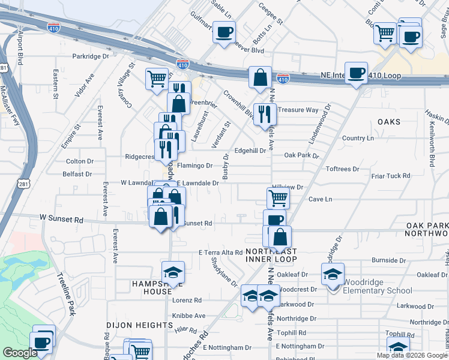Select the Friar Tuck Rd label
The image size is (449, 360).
[x=390, y=176]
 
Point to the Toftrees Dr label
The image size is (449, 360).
[x=342, y=169]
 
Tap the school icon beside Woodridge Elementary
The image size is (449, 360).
[x=333, y=274]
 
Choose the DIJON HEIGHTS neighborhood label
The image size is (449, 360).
[x=140, y=325]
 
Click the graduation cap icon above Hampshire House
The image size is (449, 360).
[x=173, y=272]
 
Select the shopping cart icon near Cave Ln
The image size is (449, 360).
[x=278, y=197]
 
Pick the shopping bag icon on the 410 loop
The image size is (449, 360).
[x=260, y=77]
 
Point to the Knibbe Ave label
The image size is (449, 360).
[x=189, y=316]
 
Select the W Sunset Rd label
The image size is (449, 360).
[x=61, y=220]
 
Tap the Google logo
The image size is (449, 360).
[x=20, y=353]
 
